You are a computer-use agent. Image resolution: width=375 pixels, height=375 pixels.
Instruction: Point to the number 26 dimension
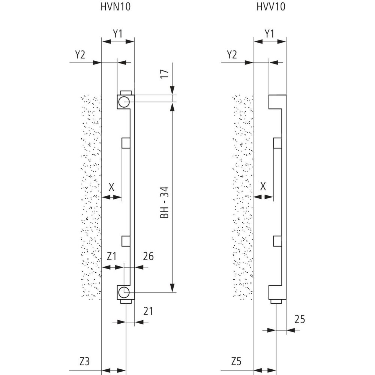(148, 256)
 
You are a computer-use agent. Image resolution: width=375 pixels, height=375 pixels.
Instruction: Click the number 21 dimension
(148, 311)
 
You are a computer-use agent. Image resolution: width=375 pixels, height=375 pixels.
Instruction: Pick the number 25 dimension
(300, 319)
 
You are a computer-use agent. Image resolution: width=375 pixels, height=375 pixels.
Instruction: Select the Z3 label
(85, 362)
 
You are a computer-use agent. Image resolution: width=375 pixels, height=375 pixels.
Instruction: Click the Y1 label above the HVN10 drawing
(118, 33)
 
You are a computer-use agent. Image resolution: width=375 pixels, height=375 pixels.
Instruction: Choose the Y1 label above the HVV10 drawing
(270, 33)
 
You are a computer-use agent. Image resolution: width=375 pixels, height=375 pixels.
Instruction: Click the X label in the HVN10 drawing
(111, 187)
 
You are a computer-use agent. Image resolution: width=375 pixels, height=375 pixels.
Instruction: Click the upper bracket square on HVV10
(277, 142)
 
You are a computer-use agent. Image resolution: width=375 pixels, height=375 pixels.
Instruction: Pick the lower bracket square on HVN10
(126, 240)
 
